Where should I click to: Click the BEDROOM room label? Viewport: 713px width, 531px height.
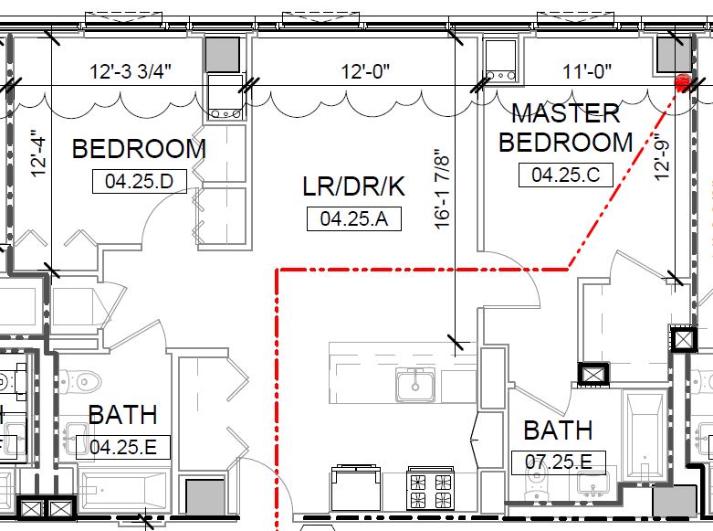(139, 148)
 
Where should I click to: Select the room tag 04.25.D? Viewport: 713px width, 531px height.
(139, 181)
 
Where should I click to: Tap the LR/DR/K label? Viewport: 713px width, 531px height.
(353, 186)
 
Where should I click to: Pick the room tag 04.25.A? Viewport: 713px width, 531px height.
(353, 218)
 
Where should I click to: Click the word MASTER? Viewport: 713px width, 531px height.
(565, 114)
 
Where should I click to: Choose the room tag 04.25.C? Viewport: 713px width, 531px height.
(565, 175)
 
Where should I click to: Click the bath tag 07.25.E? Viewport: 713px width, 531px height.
(559, 462)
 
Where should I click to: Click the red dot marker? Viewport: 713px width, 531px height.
(682, 83)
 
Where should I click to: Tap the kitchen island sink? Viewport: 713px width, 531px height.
(415, 383)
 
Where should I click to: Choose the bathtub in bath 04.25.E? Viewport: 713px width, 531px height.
(123, 491)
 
